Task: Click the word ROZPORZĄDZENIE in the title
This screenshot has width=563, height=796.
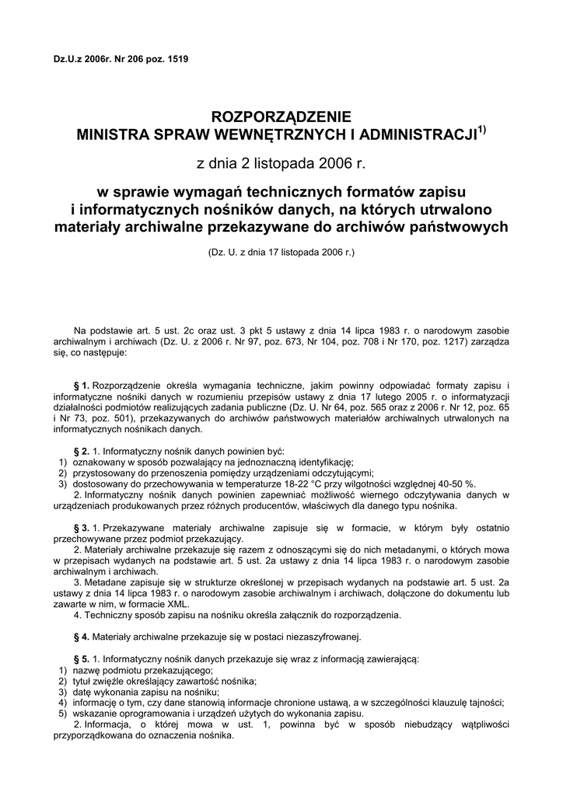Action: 281,117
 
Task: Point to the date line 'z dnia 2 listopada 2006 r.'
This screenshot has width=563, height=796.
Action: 281,164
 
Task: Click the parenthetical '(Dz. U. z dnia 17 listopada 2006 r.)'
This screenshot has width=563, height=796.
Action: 281,253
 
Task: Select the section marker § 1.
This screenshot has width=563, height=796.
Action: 81,385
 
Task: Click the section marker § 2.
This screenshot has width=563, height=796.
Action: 81,451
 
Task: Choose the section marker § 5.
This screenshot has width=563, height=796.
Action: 81,659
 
